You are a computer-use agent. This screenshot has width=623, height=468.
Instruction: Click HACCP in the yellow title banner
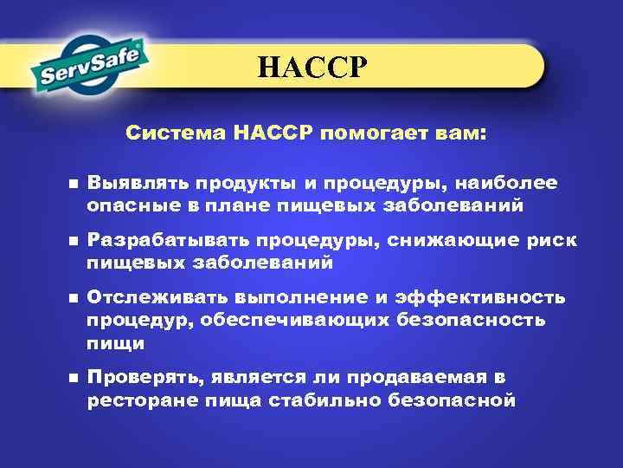[312, 66]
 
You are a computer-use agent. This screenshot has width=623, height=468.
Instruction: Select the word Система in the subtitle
[176, 134]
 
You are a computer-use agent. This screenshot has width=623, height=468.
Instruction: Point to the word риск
[549, 240]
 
